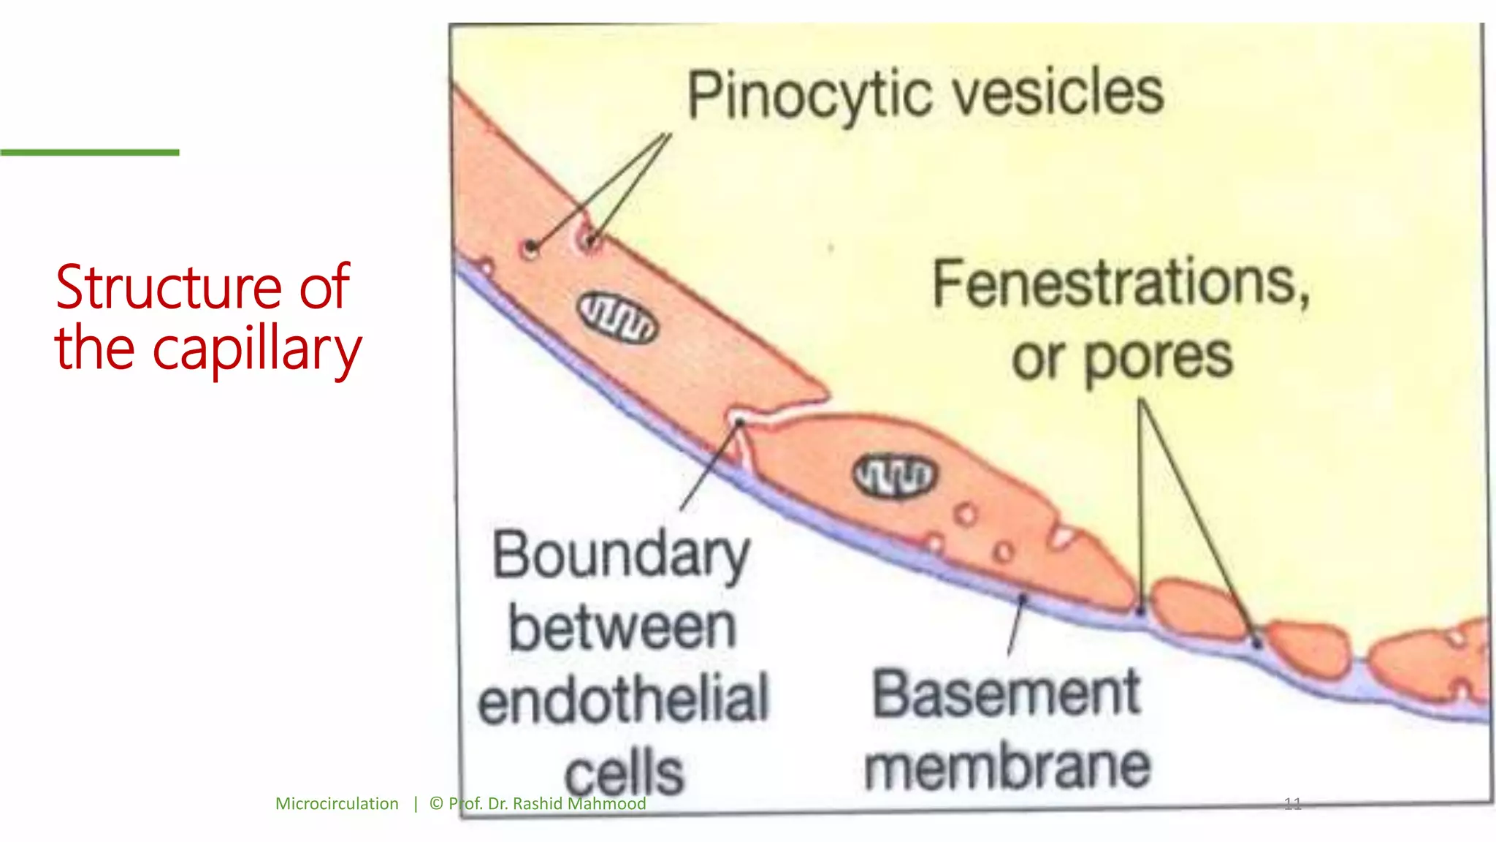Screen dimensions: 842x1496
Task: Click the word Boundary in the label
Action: point(621,555)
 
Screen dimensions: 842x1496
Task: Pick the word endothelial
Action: point(623,699)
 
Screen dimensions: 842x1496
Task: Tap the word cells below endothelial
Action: point(624,772)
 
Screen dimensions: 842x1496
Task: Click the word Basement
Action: point(1006,694)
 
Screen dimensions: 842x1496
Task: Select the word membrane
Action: point(1007,767)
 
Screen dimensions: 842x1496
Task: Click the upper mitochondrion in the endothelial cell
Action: point(618,318)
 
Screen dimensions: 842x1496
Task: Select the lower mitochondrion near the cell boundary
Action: point(894,476)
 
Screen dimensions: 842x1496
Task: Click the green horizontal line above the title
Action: point(89,152)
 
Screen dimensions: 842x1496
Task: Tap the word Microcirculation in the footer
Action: point(337,804)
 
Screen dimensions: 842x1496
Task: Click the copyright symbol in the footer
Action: point(436,804)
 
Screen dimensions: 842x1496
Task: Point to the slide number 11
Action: point(1292,805)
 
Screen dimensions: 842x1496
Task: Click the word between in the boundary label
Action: point(622,628)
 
